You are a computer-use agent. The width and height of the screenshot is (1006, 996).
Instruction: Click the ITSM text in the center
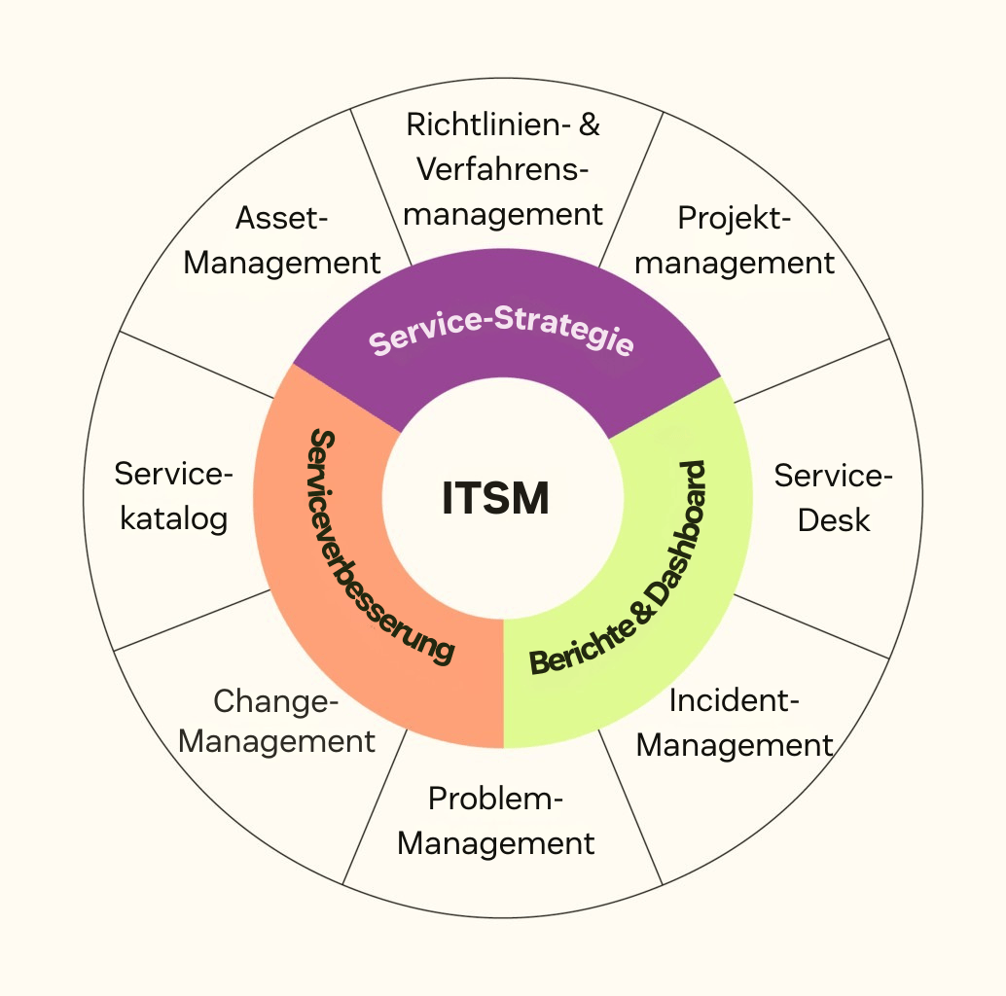495,499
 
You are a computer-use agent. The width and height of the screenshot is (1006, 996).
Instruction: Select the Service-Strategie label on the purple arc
502,333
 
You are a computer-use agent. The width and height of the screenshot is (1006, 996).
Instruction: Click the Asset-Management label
282,240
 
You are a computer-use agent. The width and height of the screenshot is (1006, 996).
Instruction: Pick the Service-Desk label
833,497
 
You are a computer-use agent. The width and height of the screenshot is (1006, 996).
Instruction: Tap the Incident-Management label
735,723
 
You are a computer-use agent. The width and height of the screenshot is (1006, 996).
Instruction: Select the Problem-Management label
496,821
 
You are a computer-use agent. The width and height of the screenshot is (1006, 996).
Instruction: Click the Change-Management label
277,721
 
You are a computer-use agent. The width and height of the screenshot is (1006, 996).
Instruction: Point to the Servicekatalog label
174,496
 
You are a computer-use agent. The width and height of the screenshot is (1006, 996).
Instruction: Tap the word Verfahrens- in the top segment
503,169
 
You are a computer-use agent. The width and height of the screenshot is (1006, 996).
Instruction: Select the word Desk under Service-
834,519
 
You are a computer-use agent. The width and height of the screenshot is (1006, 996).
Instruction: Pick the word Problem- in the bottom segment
496,800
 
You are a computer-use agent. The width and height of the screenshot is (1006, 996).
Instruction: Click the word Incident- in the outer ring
735,700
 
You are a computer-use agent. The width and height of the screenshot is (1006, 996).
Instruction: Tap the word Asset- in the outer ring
282,218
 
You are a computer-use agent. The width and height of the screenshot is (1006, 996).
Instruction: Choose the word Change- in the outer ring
276,699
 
